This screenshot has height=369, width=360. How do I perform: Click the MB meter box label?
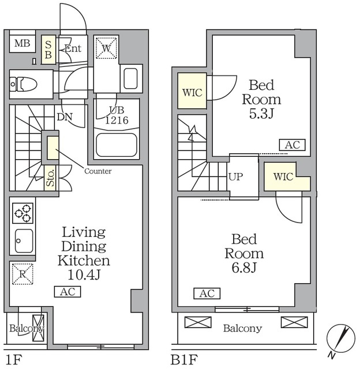coord(22,44)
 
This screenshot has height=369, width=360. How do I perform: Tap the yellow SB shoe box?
coord(48,50)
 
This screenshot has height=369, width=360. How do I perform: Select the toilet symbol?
coord(23,84)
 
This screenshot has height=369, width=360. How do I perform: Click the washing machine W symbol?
coord(106,48)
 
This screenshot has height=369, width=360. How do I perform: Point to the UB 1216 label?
coord(117,115)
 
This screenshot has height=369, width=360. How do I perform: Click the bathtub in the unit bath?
coord(117,145)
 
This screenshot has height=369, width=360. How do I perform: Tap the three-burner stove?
coord(23,213)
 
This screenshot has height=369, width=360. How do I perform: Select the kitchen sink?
coord(24,241)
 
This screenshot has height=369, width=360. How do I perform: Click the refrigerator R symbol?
coord(22,274)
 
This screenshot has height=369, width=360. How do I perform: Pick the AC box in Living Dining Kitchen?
coord(67,292)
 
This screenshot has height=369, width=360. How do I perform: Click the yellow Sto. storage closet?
coord(51,178)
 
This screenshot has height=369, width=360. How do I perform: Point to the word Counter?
coord(97,171)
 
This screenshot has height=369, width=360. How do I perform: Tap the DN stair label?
coord(65,116)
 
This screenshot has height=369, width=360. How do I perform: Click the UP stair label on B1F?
coord(235,176)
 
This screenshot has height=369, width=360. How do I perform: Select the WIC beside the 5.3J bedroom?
coord(192,91)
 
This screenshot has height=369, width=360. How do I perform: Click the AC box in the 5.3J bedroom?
coord(292,145)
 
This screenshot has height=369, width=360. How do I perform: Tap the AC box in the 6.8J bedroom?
coord(207,293)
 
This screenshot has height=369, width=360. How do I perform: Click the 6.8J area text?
coord(244,268)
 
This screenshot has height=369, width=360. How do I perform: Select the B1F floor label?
coord(185,360)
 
